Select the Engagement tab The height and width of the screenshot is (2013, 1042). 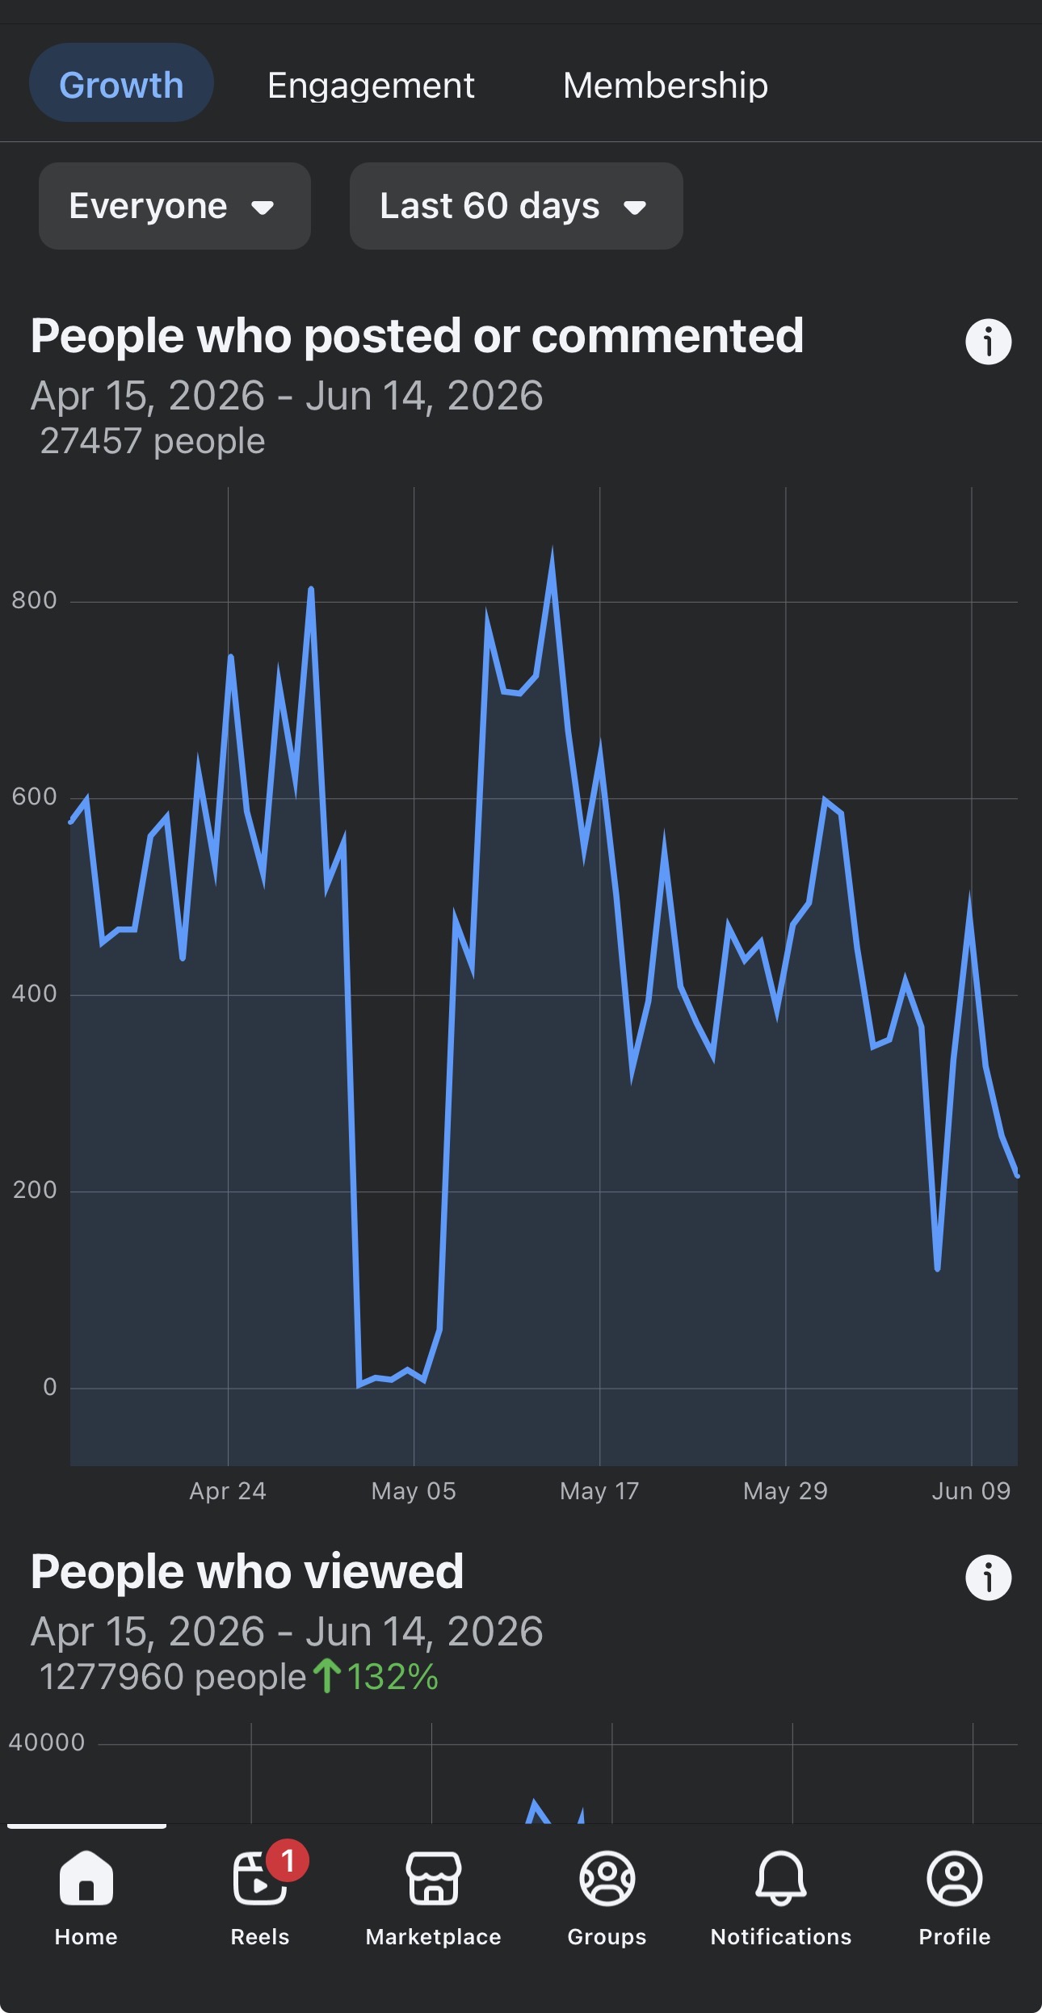(x=371, y=85)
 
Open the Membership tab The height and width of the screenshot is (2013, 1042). (x=666, y=85)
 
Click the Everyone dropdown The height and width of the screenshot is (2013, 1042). (x=174, y=206)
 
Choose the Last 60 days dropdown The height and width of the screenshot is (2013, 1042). (x=516, y=206)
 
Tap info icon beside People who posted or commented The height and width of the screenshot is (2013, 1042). (x=989, y=342)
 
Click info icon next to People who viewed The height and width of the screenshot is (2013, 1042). (x=989, y=1578)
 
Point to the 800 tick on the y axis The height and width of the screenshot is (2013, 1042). (x=34, y=600)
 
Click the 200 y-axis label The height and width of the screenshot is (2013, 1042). (x=35, y=1190)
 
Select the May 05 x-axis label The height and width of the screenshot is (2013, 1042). (x=414, y=1491)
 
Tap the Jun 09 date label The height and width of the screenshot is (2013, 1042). (x=971, y=1491)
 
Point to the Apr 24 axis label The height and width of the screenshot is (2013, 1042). (x=228, y=1491)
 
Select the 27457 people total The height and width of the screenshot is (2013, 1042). (x=153, y=442)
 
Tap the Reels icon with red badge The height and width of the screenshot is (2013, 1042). (x=260, y=1879)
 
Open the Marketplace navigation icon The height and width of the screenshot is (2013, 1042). (x=434, y=1879)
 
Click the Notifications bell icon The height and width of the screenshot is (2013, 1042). (x=781, y=1879)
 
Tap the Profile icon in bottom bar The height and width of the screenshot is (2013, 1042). (x=955, y=1879)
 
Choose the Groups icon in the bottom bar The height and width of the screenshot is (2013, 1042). (x=607, y=1879)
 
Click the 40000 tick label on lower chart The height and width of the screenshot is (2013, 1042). (x=47, y=1742)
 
